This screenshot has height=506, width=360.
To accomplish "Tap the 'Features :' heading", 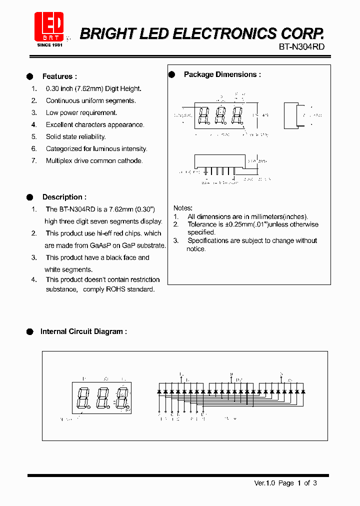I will tap(59, 76).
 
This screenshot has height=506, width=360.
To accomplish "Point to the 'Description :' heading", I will tap(64, 197).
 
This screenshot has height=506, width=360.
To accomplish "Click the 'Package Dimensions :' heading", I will tap(222, 74).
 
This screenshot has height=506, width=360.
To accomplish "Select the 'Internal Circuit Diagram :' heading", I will tap(83, 331).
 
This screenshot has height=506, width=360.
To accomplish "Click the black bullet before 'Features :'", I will tap(30, 76).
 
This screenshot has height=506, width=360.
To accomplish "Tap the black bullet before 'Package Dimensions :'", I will tap(171, 74).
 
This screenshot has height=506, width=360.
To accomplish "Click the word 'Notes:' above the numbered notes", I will tap(183, 208).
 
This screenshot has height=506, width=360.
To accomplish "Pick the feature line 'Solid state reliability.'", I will tap(75, 136).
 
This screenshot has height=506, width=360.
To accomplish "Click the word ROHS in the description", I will tap(116, 289).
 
